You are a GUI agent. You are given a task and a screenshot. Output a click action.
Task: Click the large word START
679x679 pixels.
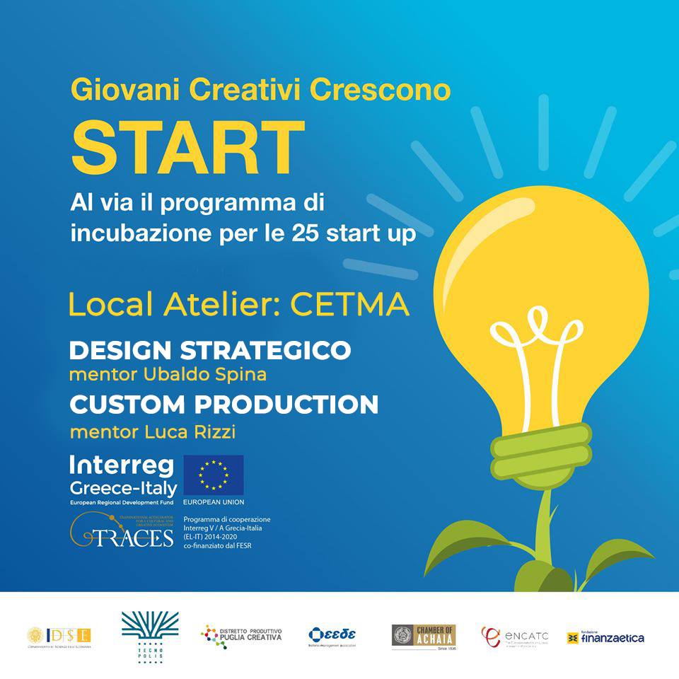coord(187,149)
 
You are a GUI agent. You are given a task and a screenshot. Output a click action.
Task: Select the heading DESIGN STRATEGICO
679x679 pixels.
coord(210,350)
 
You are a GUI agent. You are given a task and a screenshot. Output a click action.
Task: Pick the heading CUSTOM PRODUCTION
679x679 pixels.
coord(224,405)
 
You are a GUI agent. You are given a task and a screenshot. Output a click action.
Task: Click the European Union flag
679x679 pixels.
coord(213,475)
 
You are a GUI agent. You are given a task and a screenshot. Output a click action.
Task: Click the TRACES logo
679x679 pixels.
coord(122,531)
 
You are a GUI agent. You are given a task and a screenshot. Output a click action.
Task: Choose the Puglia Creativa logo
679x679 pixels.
coord(241,634)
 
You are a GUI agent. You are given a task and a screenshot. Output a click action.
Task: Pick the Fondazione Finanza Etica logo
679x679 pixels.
coord(605,637)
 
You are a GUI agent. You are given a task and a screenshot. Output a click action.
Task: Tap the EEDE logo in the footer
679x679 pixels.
coord(332,634)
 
